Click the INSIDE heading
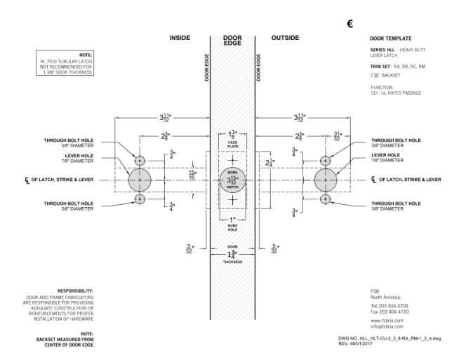[180, 37]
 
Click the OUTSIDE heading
[285, 37]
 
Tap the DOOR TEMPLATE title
[390, 38]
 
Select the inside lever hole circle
[140, 180]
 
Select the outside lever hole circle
[326, 180]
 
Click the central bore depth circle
[232, 180]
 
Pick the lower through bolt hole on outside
[326, 199]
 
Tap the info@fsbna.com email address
[385, 326]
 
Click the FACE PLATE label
[232, 142]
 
